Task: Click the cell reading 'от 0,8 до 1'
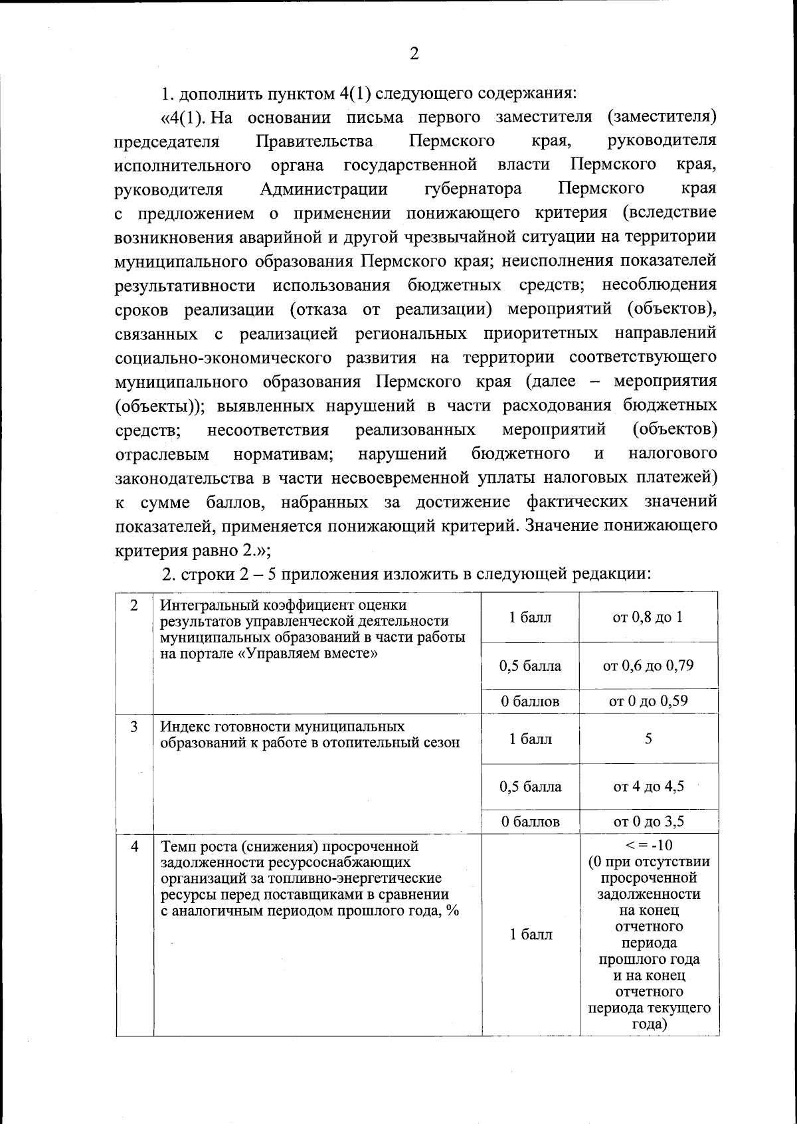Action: click(x=648, y=617)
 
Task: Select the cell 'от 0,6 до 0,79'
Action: click(x=648, y=666)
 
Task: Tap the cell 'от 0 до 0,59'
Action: click(x=648, y=701)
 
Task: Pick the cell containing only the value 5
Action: click(x=648, y=739)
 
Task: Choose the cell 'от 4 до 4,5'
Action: click(x=648, y=787)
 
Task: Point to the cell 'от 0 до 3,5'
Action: click(x=648, y=822)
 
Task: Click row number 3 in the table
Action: click(x=134, y=727)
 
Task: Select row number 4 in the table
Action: click(x=135, y=847)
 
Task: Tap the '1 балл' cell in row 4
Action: click(x=531, y=935)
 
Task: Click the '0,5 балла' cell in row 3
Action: click(x=530, y=787)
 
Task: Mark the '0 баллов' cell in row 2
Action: click(x=530, y=701)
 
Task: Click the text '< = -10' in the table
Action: click(x=649, y=846)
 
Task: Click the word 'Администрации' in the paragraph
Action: click(x=324, y=189)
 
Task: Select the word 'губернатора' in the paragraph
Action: click(x=473, y=189)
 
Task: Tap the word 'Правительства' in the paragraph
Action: click(x=314, y=141)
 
